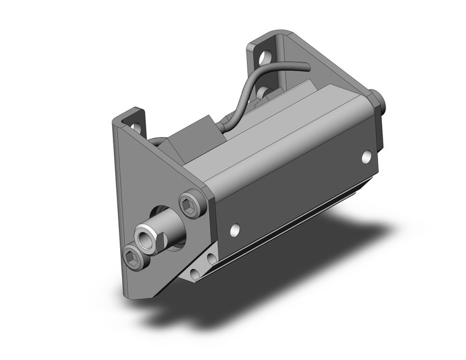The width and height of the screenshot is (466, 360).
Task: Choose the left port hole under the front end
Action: click(x=195, y=272)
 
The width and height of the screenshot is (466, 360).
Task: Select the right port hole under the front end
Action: click(x=212, y=259)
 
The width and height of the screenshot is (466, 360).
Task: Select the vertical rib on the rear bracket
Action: click(x=283, y=61)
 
